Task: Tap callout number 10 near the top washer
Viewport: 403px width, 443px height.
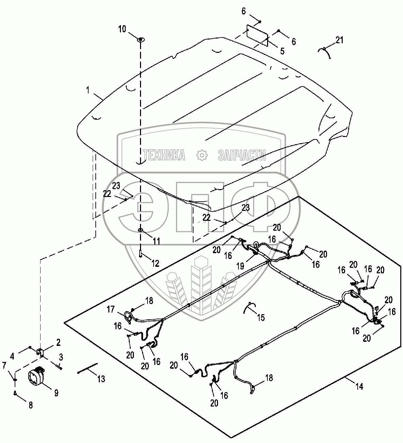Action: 122,29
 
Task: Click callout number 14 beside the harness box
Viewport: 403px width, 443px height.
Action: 359,386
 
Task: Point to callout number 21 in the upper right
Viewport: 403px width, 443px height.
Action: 339,40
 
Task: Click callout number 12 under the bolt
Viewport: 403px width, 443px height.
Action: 155,263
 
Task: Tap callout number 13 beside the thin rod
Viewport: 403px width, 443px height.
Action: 101,378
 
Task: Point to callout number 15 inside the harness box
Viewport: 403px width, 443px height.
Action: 261,318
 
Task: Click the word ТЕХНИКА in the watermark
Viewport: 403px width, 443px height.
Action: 164,155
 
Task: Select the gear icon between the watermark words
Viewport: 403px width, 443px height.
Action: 202,155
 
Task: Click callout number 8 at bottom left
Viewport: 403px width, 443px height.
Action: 30,406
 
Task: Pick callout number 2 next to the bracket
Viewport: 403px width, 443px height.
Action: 58,342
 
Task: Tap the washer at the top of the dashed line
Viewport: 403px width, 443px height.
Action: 140,40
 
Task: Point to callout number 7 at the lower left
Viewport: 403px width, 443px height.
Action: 4,366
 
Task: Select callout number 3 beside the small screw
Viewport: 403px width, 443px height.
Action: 61,357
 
